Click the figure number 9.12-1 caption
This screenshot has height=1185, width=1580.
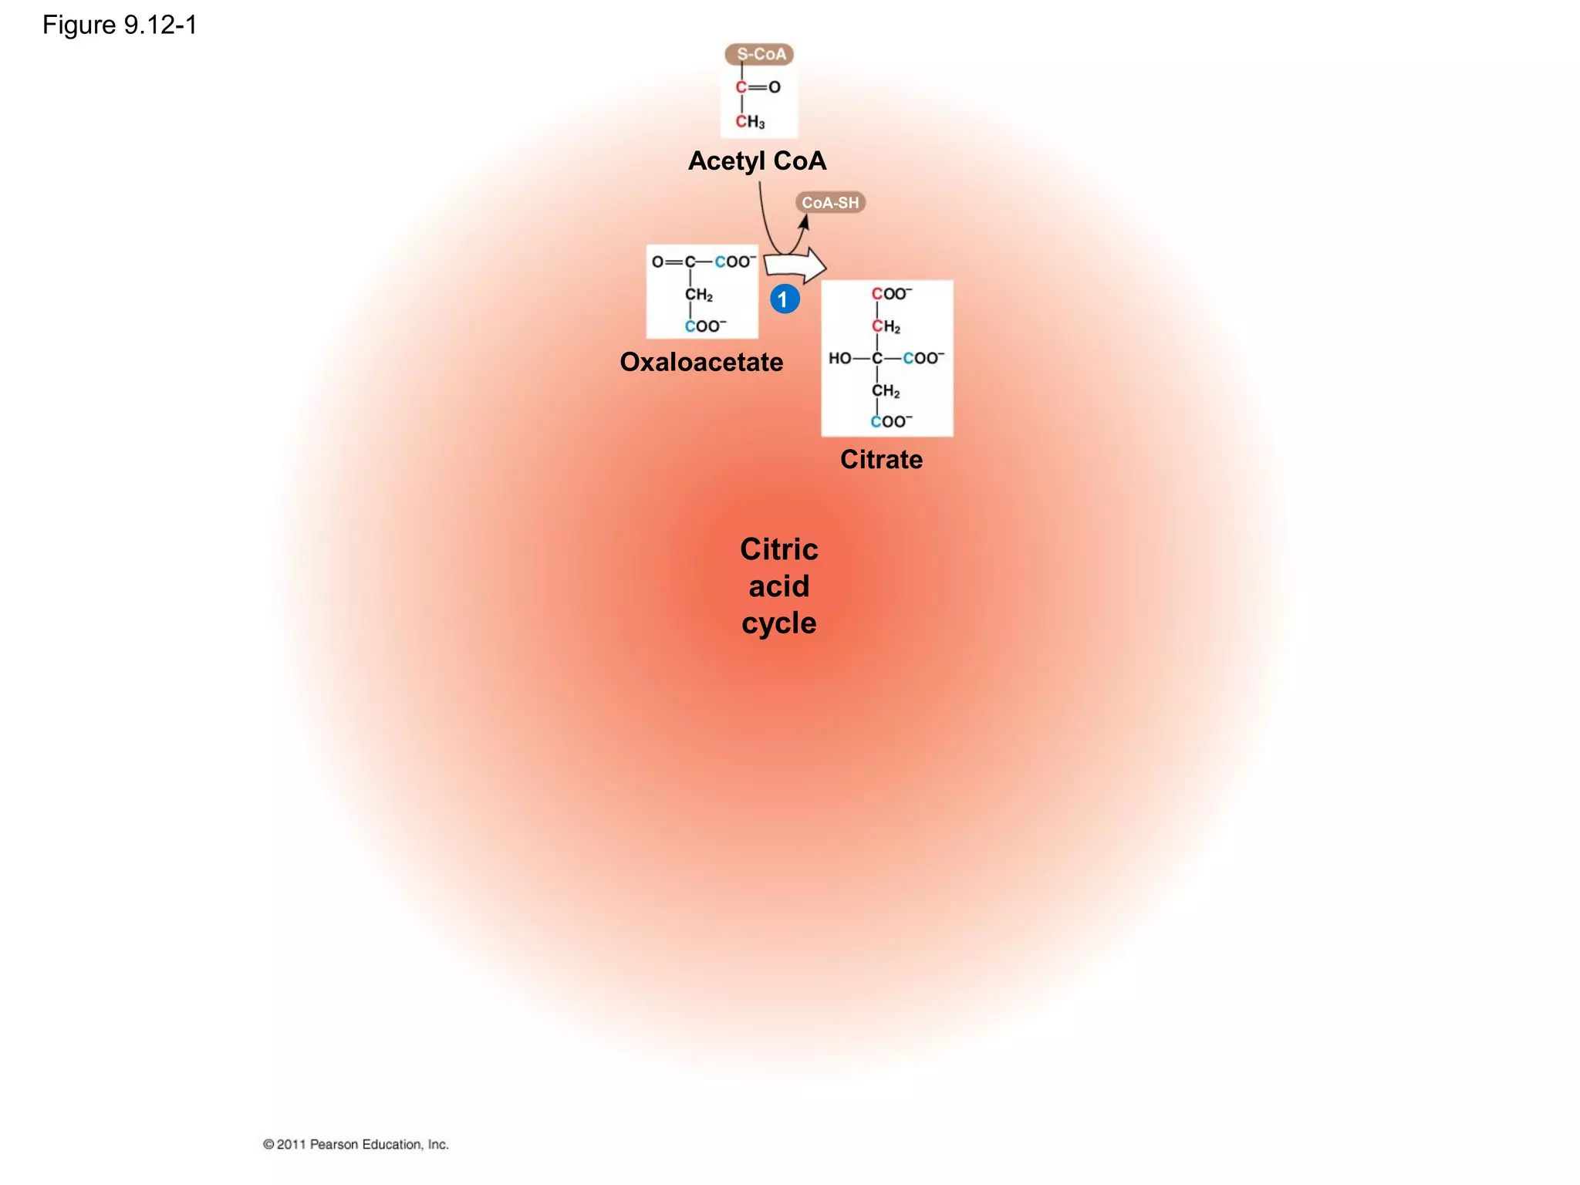(x=120, y=25)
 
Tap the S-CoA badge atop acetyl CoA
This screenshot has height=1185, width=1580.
(x=760, y=54)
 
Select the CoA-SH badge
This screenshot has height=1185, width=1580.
(x=830, y=203)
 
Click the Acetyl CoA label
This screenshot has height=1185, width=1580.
(x=757, y=161)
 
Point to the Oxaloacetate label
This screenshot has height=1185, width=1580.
(x=701, y=362)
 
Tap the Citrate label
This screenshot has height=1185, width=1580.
(x=881, y=460)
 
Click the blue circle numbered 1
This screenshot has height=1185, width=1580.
(x=785, y=299)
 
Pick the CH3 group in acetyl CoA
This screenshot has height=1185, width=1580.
(x=750, y=122)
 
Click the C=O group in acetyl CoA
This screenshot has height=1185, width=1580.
(x=758, y=87)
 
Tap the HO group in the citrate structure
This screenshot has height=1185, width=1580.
(x=839, y=358)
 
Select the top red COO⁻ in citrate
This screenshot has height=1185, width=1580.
(x=892, y=294)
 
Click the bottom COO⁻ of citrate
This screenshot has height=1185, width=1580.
(x=891, y=421)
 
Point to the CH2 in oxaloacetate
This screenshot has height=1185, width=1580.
(x=698, y=295)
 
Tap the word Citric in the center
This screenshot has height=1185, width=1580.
(x=778, y=549)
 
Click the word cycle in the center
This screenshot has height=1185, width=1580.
(x=778, y=623)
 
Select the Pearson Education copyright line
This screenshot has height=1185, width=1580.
(x=356, y=1144)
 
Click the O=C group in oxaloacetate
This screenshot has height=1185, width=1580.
(x=674, y=262)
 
